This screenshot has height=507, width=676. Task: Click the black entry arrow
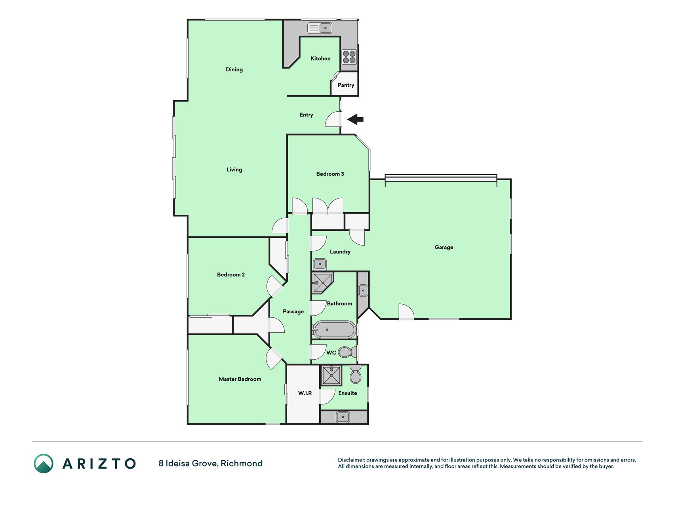[355, 119]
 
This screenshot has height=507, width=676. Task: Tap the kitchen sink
[320, 28]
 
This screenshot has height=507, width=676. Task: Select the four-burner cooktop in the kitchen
[349, 57]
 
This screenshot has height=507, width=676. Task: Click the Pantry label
[346, 85]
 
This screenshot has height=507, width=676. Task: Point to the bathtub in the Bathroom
[334, 330]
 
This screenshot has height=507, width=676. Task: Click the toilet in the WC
[347, 352]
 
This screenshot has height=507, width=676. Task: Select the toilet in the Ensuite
[355, 375]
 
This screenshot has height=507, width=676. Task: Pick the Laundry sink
[320, 264]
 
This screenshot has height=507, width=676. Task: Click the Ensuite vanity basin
[343, 417]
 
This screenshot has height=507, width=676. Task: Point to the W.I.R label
[305, 393]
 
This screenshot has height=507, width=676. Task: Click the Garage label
[444, 248]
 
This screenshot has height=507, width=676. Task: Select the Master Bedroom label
[240, 379]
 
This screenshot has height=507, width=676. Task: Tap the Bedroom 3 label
[330, 174]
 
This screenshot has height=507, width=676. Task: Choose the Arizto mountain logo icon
[44, 463]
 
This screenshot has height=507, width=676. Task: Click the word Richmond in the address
[242, 463]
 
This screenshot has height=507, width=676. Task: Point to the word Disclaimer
[351, 460]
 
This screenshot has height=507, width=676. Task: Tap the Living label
[234, 170]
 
